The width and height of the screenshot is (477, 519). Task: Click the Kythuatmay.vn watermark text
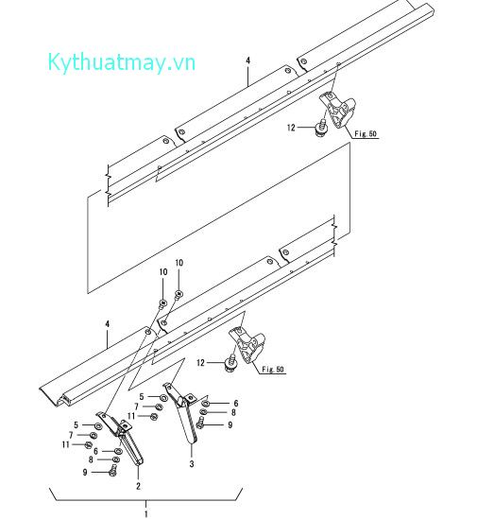122,62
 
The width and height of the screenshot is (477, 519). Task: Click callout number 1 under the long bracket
145,514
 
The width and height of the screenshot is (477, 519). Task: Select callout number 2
138,486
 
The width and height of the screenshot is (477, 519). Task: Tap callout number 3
192,464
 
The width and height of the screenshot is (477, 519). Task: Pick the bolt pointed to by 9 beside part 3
200,423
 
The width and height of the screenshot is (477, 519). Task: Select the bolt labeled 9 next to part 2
113,470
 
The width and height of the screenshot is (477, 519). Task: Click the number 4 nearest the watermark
248,61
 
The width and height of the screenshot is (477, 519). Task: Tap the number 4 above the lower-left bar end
107,323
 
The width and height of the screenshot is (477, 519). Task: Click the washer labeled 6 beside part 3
205,403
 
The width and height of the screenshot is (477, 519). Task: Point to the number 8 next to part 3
233,412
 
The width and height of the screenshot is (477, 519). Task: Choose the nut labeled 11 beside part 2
88,444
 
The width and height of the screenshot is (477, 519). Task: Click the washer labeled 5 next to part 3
163,397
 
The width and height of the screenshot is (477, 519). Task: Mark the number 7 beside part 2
71,435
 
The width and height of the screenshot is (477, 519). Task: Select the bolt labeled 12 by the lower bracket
230,363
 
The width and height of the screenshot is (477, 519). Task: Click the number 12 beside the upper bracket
291,128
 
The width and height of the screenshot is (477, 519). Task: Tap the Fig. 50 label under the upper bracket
366,133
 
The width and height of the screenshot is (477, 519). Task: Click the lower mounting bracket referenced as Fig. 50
247,344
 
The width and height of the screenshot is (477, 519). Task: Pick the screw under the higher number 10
179,294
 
